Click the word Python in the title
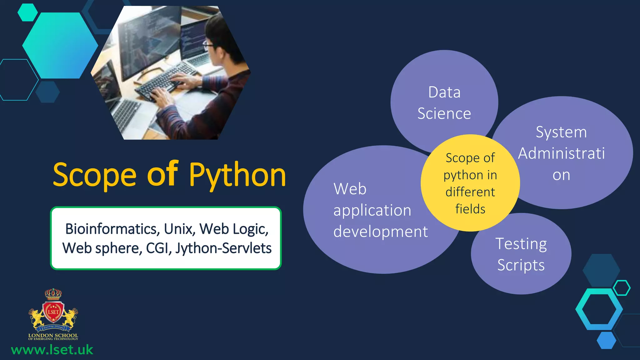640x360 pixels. (237, 175)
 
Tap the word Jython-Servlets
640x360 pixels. (223, 248)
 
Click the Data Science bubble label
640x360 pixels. (444, 103)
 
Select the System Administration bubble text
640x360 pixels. (561, 153)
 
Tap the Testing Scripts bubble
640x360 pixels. (521, 254)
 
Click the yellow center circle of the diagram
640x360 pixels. (470, 183)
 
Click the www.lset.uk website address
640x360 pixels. (52, 350)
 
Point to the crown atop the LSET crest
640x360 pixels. (53, 294)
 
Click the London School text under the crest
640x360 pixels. (53, 335)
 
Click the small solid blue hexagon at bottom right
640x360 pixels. (606, 340)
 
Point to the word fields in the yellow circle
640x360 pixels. (470, 209)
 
